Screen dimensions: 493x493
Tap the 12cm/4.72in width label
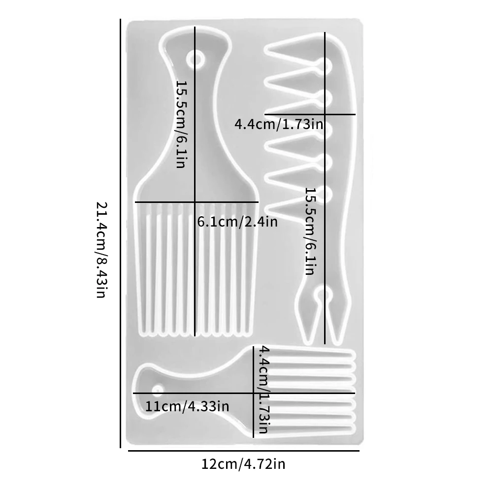(x=243, y=464)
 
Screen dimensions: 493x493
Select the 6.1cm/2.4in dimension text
(x=237, y=222)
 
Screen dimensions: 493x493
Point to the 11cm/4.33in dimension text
(x=187, y=407)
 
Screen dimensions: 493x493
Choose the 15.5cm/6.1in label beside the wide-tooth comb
(x=309, y=231)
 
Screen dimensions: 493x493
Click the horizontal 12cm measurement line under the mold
(x=243, y=451)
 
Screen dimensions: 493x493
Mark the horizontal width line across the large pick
(x=197, y=202)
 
